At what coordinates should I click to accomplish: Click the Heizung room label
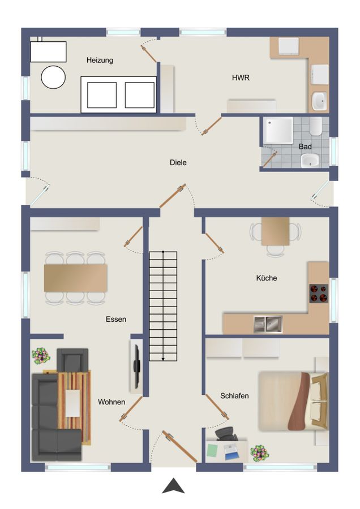(x=100, y=60)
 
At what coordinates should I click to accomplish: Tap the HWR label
(x=241, y=78)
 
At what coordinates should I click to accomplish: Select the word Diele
(x=178, y=162)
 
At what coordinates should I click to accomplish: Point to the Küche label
(x=266, y=278)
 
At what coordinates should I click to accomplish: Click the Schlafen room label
(x=235, y=396)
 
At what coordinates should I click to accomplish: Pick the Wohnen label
(x=112, y=402)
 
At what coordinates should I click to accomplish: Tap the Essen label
(x=115, y=319)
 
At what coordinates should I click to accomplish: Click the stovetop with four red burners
(x=319, y=293)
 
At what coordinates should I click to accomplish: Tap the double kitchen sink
(x=268, y=324)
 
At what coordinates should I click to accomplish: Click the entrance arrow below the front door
(x=173, y=486)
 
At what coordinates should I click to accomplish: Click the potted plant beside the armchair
(x=41, y=356)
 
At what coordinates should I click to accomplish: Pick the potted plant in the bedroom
(x=259, y=452)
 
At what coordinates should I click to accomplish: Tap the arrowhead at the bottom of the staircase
(x=163, y=357)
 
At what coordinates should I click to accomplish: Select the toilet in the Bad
(x=316, y=126)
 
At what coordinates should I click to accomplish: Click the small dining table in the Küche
(x=276, y=231)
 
